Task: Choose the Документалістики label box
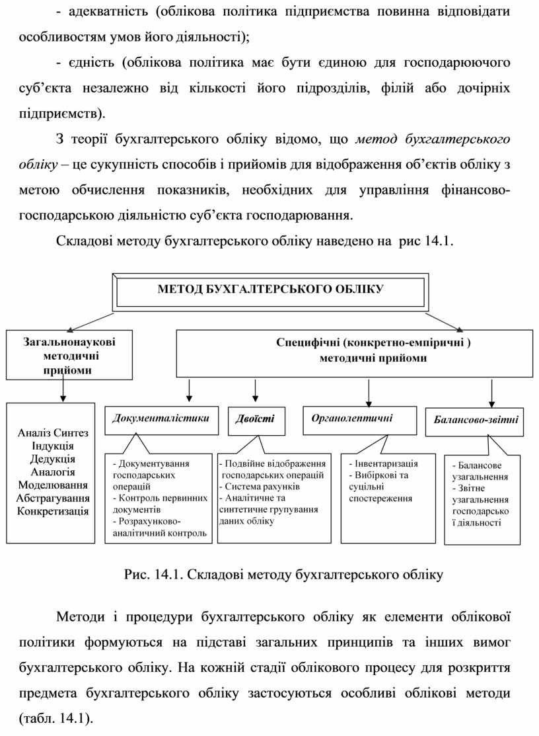[161, 419]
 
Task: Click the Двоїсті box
[251, 419]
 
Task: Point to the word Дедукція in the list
[53, 458]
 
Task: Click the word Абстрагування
[53, 497]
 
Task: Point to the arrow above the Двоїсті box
[253, 389]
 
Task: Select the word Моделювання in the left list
[53, 485]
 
